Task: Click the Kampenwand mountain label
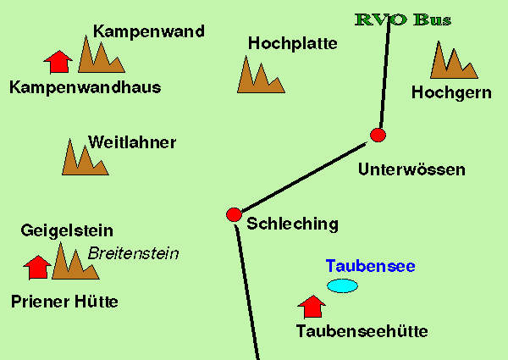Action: click(x=149, y=32)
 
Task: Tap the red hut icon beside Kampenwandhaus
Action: click(x=58, y=61)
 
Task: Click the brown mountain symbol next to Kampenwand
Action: click(x=100, y=56)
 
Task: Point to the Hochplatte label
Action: click(x=293, y=42)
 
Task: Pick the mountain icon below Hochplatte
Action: click(x=259, y=75)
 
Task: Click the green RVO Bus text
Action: click(x=403, y=19)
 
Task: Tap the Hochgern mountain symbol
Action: click(x=453, y=62)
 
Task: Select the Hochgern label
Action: click(x=450, y=92)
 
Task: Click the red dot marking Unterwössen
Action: click(x=378, y=135)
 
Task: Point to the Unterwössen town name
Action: click(x=411, y=169)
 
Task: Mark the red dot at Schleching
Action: click(x=235, y=214)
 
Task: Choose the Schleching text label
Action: click(x=292, y=224)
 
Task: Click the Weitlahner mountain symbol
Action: click(x=84, y=159)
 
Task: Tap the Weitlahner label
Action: click(x=132, y=142)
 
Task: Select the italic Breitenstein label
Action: click(x=134, y=253)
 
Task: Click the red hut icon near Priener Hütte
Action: click(x=36, y=267)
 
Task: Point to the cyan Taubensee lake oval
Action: click(x=342, y=285)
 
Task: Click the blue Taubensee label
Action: click(x=370, y=266)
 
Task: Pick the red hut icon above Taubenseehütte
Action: click(x=312, y=306)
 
